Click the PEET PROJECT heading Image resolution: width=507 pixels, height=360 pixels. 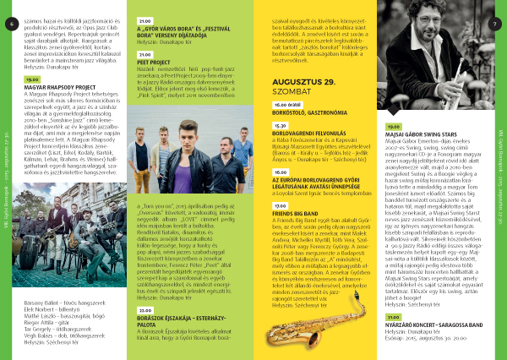pos(154,62)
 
